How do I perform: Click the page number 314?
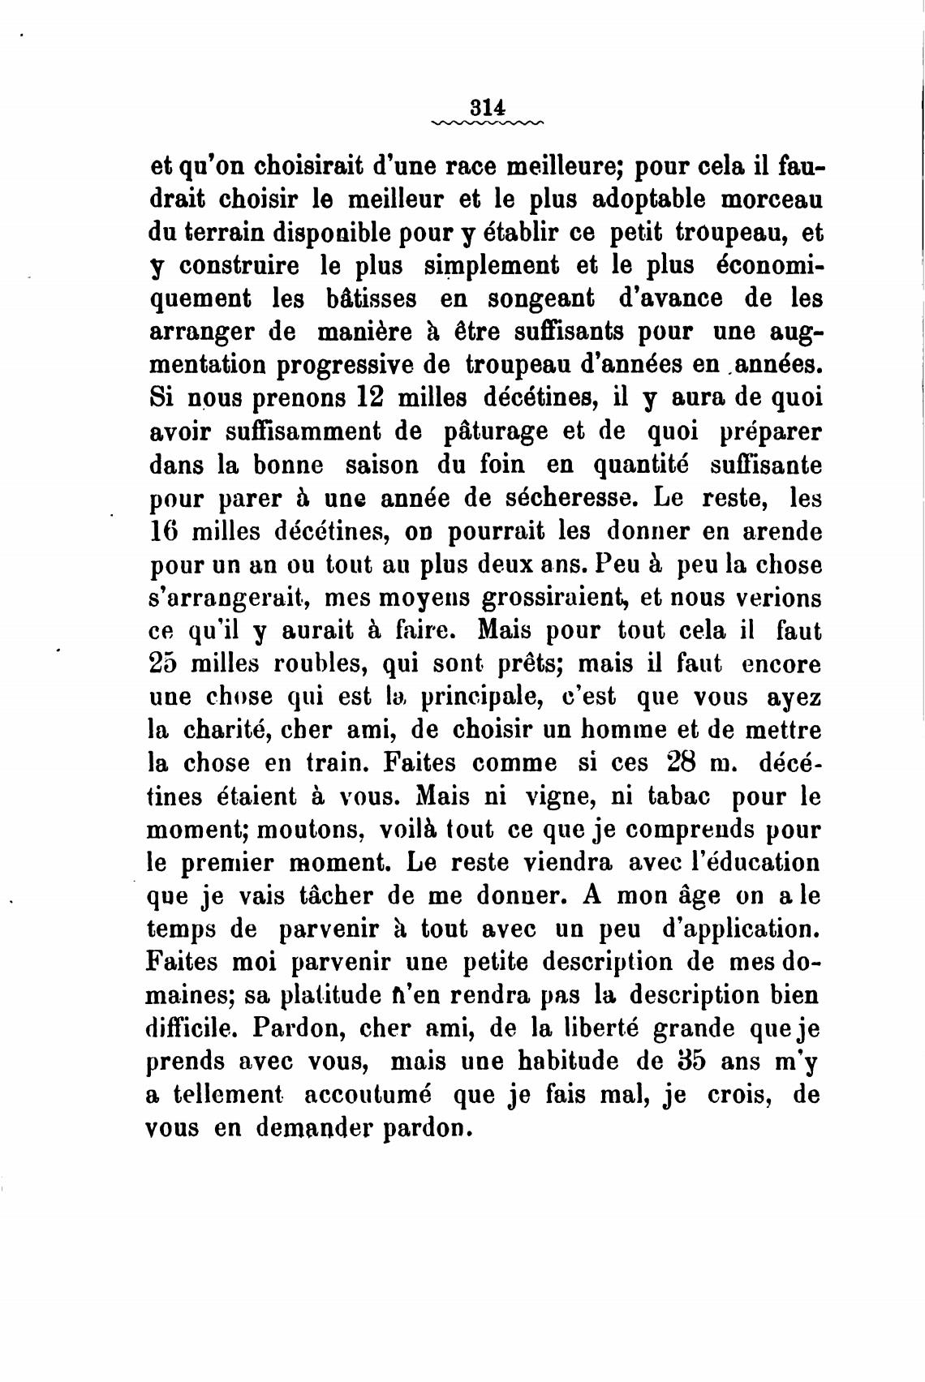click(488, 106)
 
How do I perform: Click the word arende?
click(783, 532)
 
